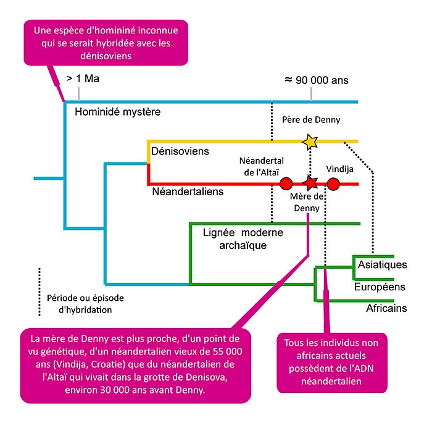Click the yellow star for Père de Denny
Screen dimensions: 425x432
pyautogui.click(x=310, y=142)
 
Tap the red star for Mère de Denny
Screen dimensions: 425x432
pyautogui.click(x=311, y=183)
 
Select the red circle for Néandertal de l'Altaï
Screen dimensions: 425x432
pyautogui.click(x=286, y=183)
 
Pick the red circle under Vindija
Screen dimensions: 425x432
pyautogui.click(x=333, y=183)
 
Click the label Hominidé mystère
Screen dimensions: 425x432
pyautogui.click(x=117, y=112)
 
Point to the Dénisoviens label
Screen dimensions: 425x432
pyautogui.click(x=180, y=151)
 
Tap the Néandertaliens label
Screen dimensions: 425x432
pyautogui.click(x=188, y=191)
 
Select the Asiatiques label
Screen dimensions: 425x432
pyautogui.click(x=382, y=265)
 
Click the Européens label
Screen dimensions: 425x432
pyautogui.click(x=379, y=287)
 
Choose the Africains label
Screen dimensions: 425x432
pyautogui.click(x=386, y=308)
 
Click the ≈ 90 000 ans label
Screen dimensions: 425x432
pyautogui.click(x=316, y=80)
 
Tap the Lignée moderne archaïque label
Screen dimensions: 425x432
pyautogui.click(x=243, y=239)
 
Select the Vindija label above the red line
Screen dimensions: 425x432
pyautogui.click(x=339, y=168)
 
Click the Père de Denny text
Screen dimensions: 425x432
pyautogui.click(x=310, y=120)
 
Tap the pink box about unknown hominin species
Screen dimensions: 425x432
pyautogui.click(x=106, y=41)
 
